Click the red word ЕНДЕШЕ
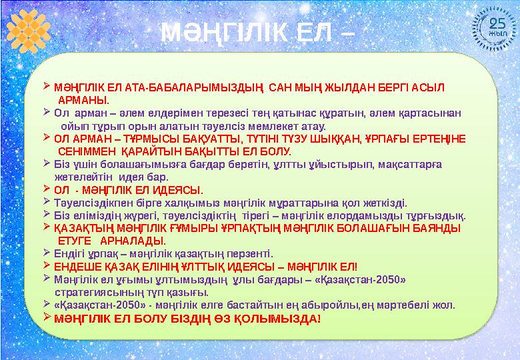point(80,266)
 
